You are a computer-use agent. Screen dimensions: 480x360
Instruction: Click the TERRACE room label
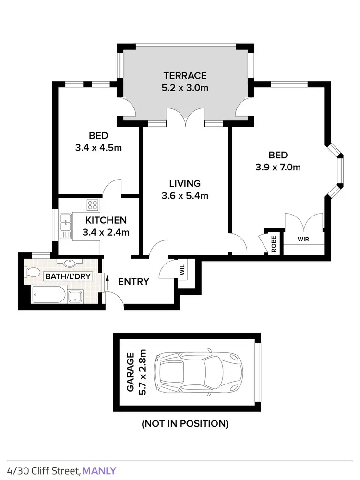[x=185, y=75]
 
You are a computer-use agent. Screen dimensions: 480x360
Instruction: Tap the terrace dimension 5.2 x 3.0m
[x=185, y=88]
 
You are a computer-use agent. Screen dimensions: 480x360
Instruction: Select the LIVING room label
[x=185, y=183]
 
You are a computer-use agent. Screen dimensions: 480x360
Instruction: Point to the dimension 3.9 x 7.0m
[x=278, y=168]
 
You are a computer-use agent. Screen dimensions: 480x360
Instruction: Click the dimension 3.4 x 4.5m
[x=98, y=148]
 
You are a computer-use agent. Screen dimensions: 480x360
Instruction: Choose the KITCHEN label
[x=106, y=220]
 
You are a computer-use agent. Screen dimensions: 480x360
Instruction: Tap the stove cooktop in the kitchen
[x=92, y=205]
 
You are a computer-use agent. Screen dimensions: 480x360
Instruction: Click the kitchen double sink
[x=66, y=226]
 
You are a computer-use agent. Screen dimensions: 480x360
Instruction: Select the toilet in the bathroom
[x=33, y=273]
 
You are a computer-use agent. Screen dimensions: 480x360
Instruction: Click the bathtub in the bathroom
[x=47, y=294]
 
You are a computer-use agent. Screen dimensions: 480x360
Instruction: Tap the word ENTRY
[x=133, y=282]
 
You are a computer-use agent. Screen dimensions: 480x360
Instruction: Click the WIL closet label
[x=182, y=270]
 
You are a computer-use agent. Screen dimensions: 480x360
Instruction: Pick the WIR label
[x=302, y=238]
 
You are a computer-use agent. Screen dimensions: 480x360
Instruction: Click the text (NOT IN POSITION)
[x=185, y=424]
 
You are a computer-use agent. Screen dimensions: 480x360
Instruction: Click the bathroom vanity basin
[x=67, y=264]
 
